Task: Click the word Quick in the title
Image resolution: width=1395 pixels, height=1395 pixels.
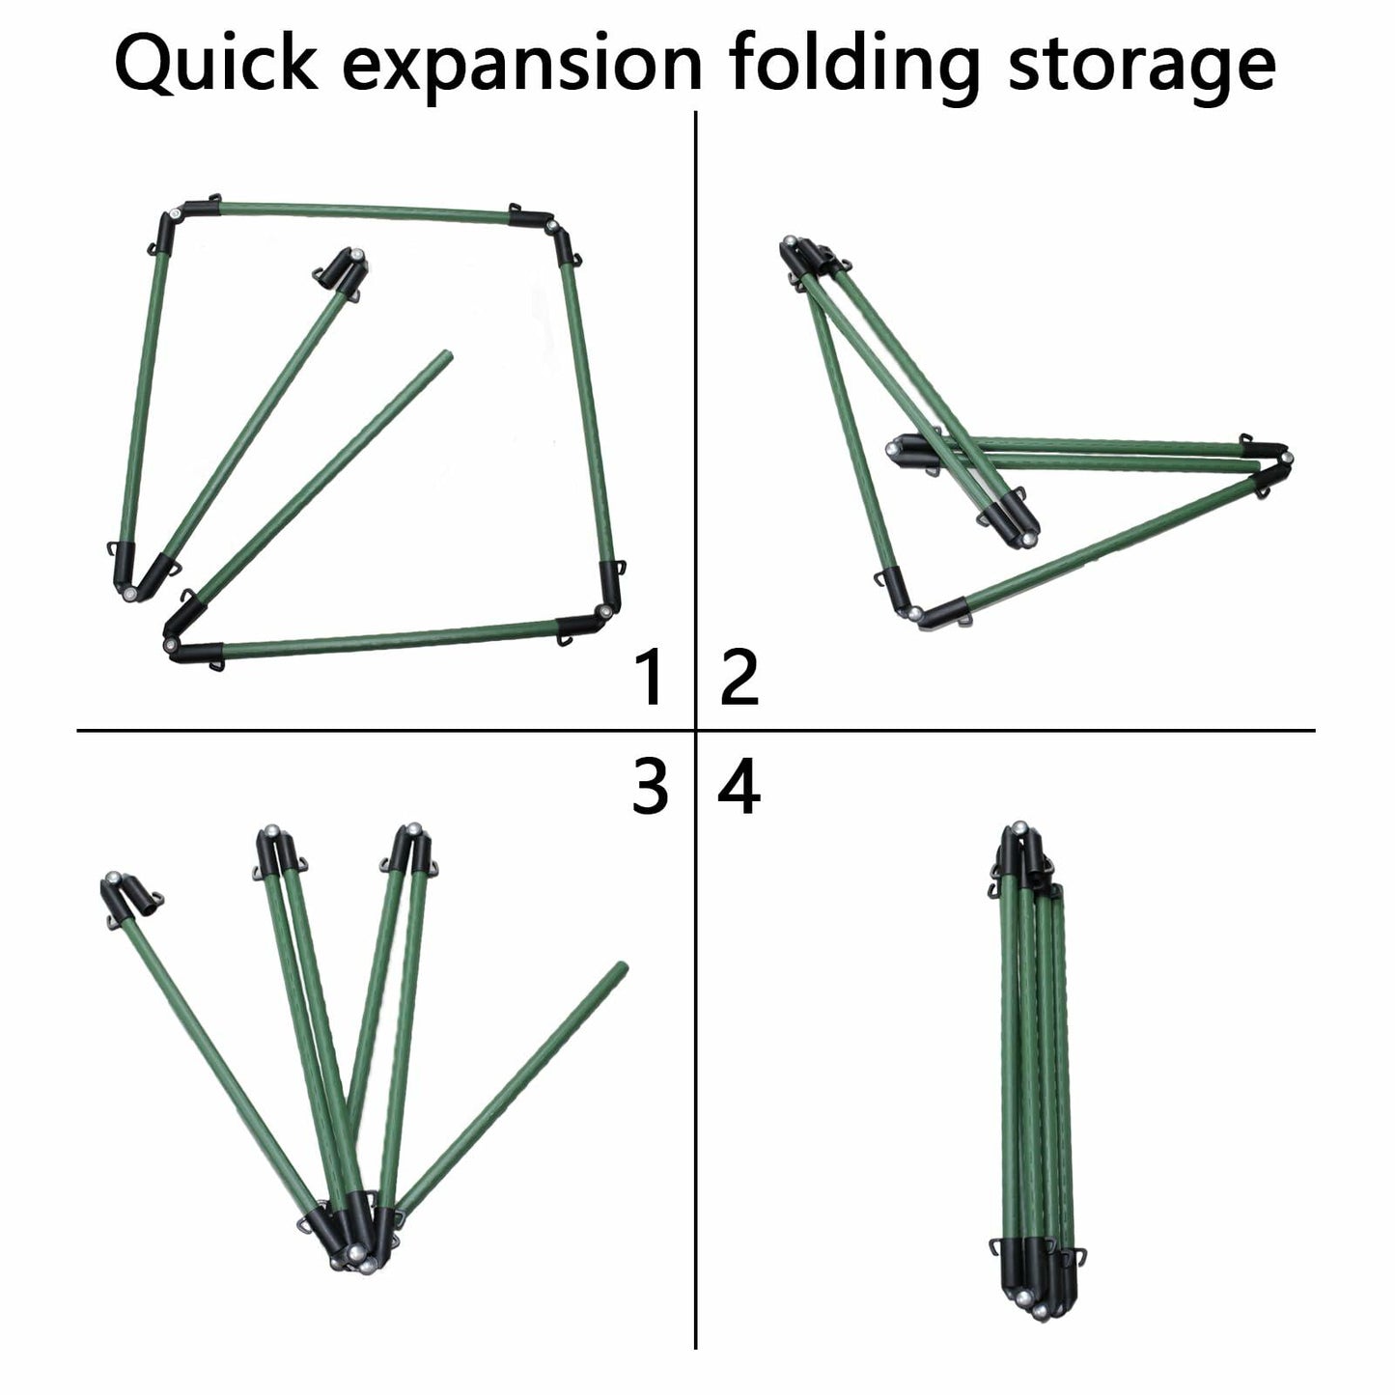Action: point(215,64)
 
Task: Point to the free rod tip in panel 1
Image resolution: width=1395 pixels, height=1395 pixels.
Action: point(446,356)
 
